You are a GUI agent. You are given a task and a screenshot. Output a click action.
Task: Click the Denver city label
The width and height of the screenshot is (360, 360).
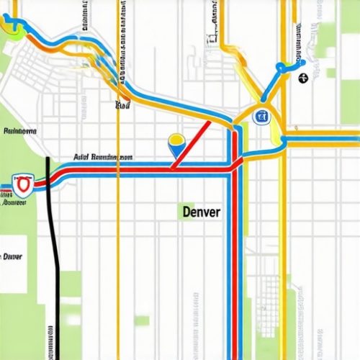(201, 212)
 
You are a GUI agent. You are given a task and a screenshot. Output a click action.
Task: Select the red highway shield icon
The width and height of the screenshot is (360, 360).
(23, 186)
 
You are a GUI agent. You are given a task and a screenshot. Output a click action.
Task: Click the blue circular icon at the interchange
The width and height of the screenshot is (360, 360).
(260, 114)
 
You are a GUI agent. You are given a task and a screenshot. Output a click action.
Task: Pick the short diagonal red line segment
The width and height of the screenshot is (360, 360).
(192, 143)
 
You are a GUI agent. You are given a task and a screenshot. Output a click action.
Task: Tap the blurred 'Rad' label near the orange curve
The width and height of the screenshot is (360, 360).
(123, 105)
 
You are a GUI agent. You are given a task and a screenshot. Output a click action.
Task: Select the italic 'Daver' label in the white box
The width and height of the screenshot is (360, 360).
(11, 256)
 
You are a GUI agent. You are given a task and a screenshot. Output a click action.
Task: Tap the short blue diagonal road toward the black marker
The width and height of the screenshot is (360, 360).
(271, 83)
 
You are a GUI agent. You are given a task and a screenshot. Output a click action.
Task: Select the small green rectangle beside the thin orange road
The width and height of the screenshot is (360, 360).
(140, 319)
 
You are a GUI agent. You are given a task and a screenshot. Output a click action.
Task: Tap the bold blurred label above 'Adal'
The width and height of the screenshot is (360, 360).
(20, 132)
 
